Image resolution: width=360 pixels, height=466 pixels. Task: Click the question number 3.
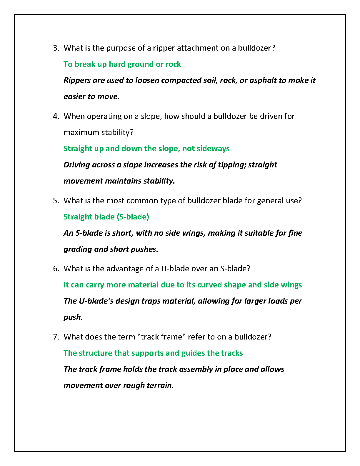click(56, 48)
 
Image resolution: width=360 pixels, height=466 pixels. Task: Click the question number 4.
click(56, 116)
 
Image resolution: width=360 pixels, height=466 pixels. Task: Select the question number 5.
click(56, 201)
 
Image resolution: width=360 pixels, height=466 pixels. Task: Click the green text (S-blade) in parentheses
click(133, 217)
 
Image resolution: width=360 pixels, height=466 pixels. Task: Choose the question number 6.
click(56, 269)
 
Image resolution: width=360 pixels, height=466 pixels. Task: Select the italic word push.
click(72, 317)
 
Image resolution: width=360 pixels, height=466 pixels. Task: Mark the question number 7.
click(56, 337)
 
